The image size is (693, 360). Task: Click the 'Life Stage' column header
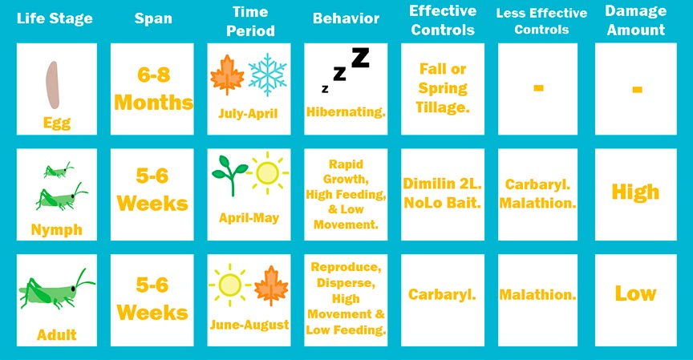[x=55, y=18]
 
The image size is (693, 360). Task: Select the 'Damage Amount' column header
[x=635, y=20]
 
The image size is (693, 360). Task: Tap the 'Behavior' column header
[x=346, y=18]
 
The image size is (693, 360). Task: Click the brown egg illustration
[x=53, y=85]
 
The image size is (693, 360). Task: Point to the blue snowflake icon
[x=267, y=75]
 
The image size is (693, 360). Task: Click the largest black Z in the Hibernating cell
[x=360, y=58]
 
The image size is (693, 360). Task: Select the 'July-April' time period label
[x=248, y=114]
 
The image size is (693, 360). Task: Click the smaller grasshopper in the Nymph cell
[x=59, y=170]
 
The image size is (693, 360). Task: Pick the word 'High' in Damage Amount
[x=635, y=192]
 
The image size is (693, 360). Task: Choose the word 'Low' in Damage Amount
[x=635, y=293]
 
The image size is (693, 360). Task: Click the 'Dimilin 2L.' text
[x=442, y=184]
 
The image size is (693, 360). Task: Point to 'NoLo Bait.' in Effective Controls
[x=442, y=203]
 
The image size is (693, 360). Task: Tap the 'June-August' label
[x=249, y=325]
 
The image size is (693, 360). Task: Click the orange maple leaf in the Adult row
[x=271, y=285]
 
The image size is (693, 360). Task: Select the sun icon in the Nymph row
[x=268, y=172]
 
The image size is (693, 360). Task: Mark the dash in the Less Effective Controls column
[x=538, y=88]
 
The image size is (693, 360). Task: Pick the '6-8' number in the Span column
[x=153, y=75]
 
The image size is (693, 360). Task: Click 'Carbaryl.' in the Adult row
[x=442, y=294]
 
